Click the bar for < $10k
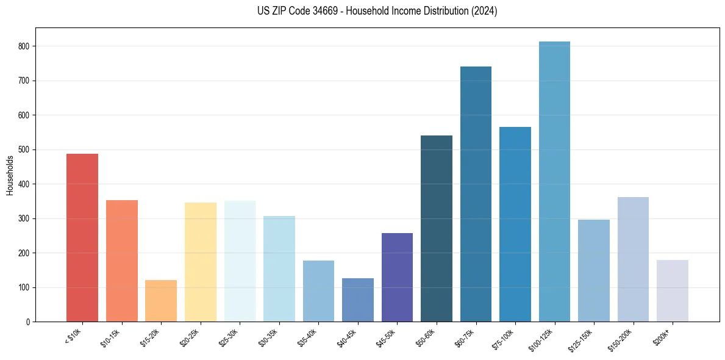point(82,238)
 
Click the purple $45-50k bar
point(397,278)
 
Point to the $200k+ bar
point(672,291)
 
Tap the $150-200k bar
point(633,259)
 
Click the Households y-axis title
point(10,175)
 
